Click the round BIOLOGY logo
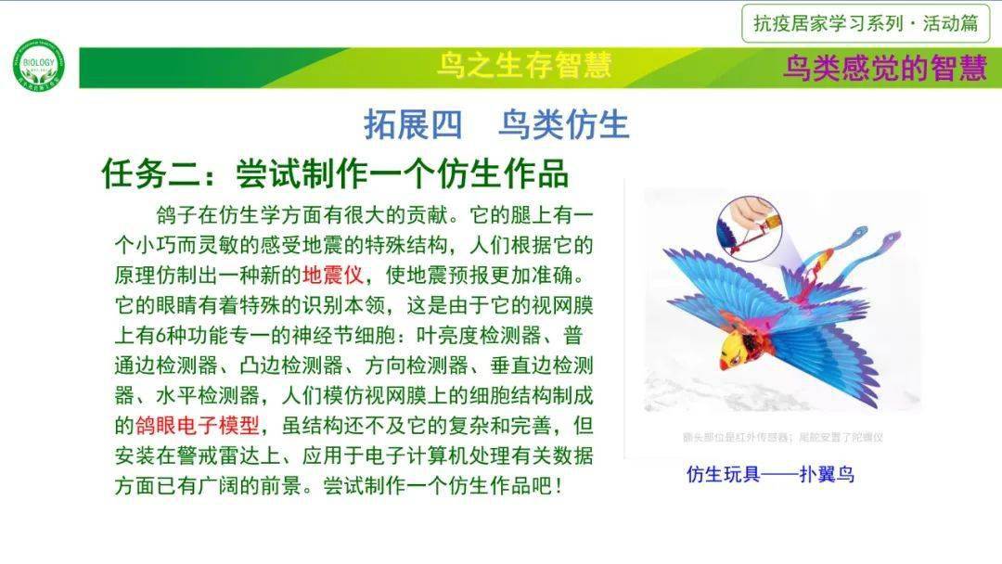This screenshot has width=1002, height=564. pos(39,65)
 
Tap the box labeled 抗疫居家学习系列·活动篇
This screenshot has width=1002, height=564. pos(866,24)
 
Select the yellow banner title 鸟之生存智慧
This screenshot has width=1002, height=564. pos(524,66)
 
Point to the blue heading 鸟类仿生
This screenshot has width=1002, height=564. pos(563,124)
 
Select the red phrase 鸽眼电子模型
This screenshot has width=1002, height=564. pos(199,426)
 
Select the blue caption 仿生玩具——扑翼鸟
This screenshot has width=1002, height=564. pos(770,475)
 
